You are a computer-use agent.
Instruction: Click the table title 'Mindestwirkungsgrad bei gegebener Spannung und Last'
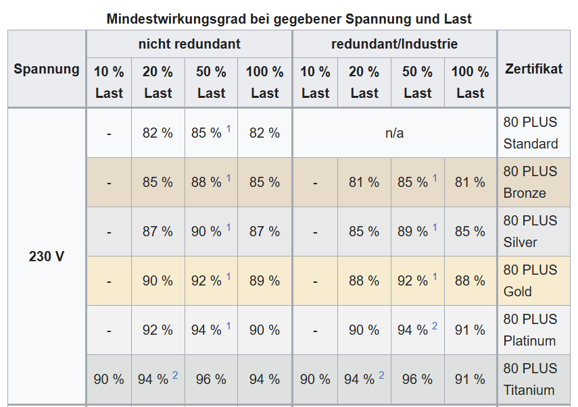289,19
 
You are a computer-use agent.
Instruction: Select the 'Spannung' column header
47,69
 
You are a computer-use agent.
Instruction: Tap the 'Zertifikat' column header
533,69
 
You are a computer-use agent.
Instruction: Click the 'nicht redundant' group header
189,45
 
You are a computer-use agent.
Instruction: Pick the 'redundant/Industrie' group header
394,45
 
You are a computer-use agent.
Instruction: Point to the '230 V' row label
47,256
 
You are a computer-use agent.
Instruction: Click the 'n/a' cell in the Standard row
394,133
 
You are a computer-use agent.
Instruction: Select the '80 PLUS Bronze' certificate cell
531,182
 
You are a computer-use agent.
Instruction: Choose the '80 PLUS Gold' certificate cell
531,281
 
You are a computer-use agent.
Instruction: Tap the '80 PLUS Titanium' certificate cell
531,379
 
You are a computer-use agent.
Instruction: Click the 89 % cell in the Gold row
264,281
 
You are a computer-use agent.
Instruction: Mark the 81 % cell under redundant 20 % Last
364,182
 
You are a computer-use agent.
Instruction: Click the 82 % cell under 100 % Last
264,133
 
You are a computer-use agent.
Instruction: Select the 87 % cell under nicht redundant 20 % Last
158,232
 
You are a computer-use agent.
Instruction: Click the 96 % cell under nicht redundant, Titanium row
211,379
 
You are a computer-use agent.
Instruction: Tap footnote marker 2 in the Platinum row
435,326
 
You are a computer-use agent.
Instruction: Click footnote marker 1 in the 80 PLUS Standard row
228,129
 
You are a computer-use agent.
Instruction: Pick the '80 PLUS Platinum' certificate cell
531,330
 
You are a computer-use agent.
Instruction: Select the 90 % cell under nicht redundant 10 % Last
109,379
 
